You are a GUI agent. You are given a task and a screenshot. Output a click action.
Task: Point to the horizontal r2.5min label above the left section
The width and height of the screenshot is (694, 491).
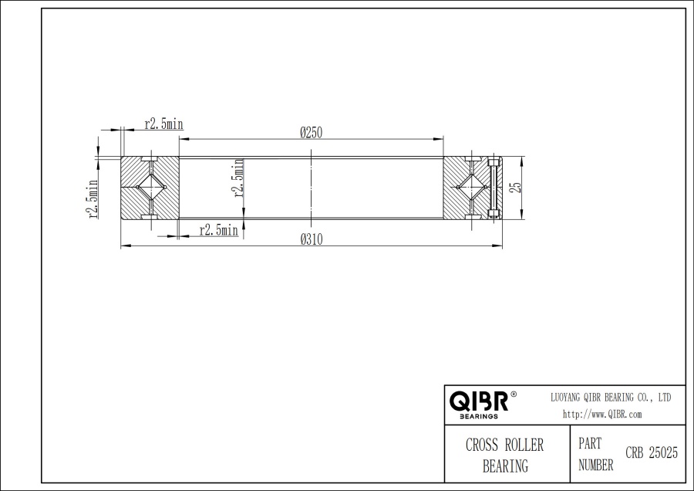(163, 124)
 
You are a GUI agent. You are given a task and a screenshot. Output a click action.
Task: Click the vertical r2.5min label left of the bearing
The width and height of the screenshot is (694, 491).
(93, 200)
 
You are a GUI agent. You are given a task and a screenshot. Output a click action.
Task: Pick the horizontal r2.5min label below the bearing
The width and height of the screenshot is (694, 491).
(218, 230)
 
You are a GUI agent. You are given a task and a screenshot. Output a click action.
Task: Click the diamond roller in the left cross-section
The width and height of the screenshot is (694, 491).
(150, 188)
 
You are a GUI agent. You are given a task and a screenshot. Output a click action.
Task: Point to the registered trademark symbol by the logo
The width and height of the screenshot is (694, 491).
(514, 394)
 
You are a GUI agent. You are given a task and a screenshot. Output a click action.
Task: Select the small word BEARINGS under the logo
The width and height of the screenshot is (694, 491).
(478, 416)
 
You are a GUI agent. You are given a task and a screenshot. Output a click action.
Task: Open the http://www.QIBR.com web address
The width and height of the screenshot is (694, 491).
(602, 414)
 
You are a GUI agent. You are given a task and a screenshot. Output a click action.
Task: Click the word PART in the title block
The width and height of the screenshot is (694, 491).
(590, 445)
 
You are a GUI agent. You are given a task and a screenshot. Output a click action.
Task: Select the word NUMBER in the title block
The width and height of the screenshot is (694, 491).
(595, 465)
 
